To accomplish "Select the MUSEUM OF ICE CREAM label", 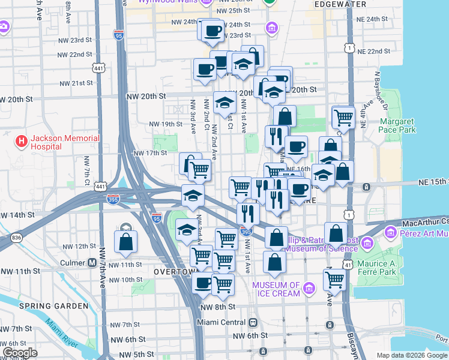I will pyautogui.click(x=276, y=289).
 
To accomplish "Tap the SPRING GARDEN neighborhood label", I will pyautogui.click(x=53, y=306).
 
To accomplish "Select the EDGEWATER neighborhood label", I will pyautogui.click(x=329, y=4).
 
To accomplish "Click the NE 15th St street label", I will pyautogui.click(x=434, y=181).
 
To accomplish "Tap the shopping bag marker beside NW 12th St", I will pyautogui.click(x=126, y=242).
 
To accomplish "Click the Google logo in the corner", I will pyautogui.click(x=20, y=353).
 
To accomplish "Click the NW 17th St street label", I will pyautogui.click(x=149, y=153).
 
